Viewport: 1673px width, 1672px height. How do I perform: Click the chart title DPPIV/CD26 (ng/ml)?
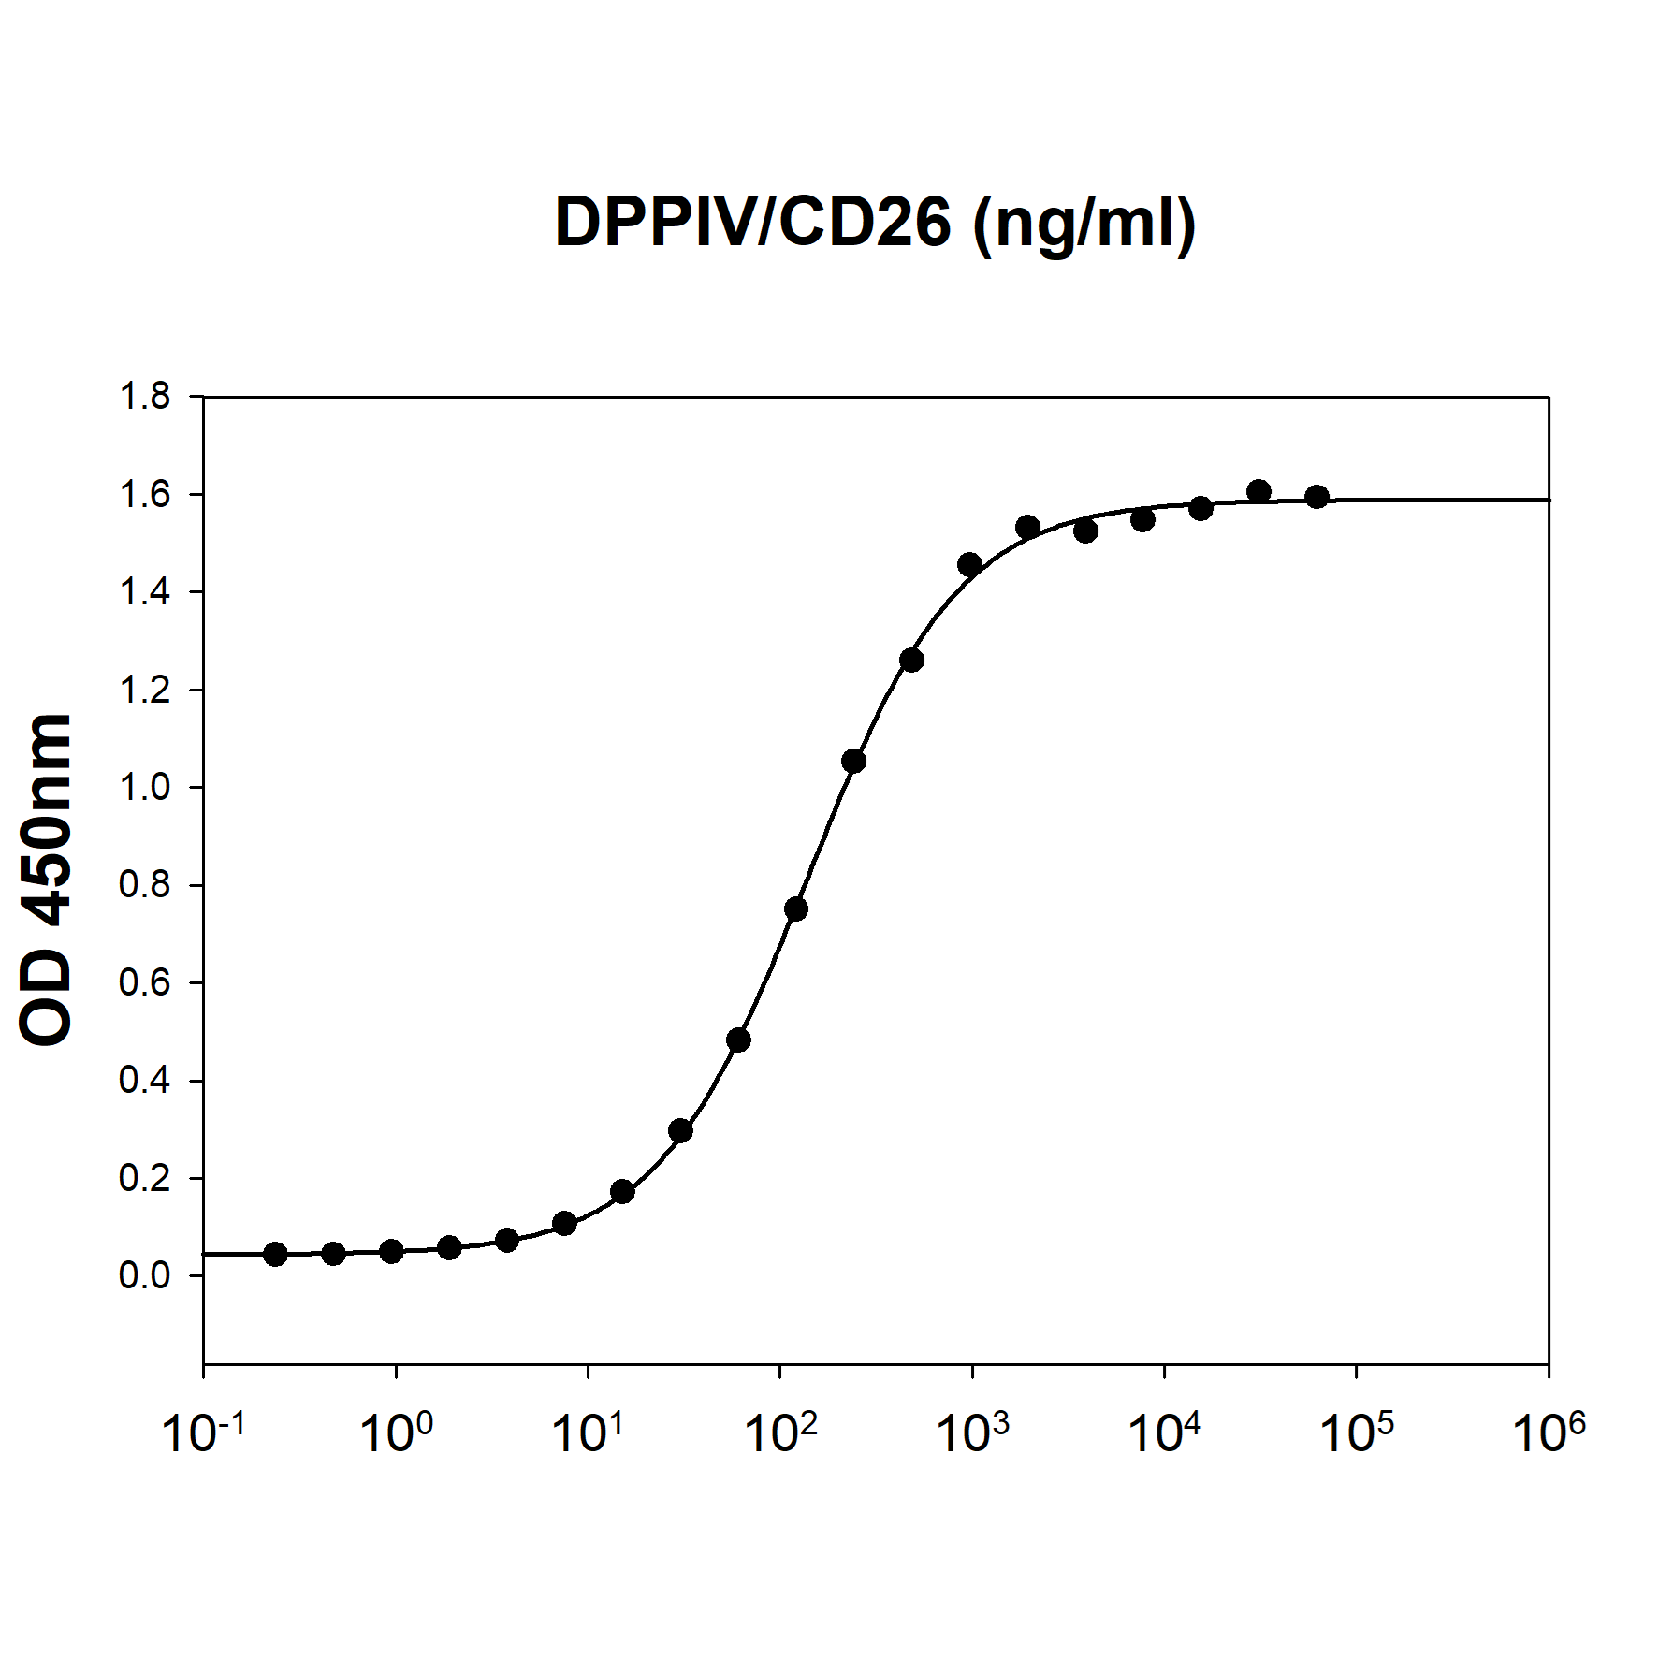point(875,224)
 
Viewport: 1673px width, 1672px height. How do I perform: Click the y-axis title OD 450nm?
point(46,879)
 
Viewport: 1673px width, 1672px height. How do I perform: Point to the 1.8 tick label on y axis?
point(145,397)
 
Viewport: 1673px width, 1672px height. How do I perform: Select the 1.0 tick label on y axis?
point(145,788)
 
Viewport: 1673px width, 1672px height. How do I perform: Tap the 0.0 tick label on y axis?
point(145,1275)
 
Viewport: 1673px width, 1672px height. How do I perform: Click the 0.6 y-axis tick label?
point(145,982)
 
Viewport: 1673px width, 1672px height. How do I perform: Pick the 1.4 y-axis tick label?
point(145,592)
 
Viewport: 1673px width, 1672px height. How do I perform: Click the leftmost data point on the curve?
point(275,1254)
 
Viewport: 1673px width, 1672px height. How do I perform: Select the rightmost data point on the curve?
point(1317,497)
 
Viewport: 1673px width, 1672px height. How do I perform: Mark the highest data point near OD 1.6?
point(1258,491)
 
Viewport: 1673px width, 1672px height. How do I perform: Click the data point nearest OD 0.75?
point(796,909)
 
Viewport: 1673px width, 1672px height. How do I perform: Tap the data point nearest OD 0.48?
point(738,1040)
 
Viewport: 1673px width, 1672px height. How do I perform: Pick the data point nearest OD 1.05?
point(853,762)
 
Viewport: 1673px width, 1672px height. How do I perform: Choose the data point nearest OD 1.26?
point(911,661)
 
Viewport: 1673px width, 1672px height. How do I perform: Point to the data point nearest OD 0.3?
point(680,1131)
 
